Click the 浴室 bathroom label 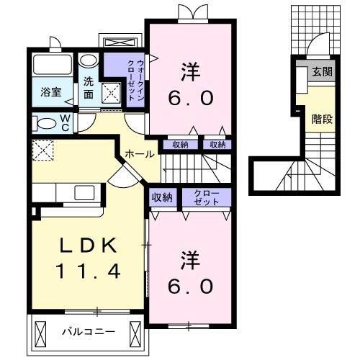pos(50,93)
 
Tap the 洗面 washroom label pos(89,88)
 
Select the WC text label pos(66,122)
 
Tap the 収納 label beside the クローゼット pos(162,197)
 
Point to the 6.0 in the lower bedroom pos(191,286)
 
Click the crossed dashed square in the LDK pos(41,151)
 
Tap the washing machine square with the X pos(110,92)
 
